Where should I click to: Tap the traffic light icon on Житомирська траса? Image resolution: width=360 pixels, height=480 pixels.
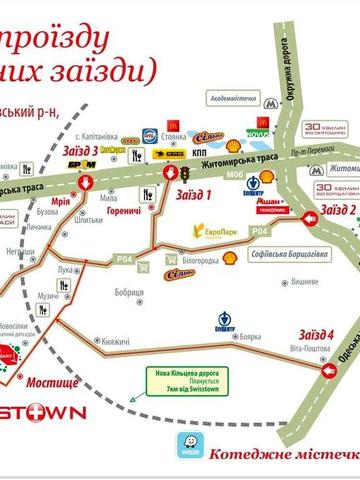tap(185, 172)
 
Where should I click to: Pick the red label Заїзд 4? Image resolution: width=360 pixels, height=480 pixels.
tap(315, 333)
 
